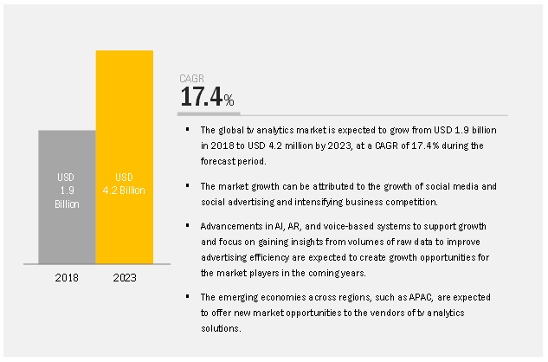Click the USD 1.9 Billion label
[x=67, y=191]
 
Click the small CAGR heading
[x=192, y=79]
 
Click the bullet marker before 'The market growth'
[x=186, y=185]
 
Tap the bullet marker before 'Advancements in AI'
[x=186, y=225]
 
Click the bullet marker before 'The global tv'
[x=186, y=129]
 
